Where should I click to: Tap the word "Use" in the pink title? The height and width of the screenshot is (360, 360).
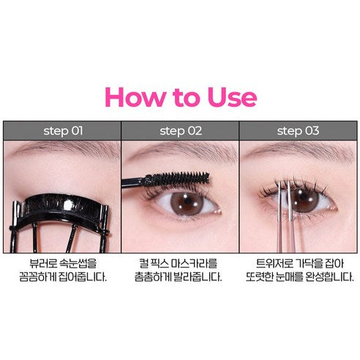click(232, 97)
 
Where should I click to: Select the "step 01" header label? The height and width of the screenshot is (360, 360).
click(63, 131)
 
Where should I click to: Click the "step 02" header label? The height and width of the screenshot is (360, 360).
click(181, 131)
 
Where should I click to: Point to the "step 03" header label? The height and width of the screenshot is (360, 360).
click(298, 131)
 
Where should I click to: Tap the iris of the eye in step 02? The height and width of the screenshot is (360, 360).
click(187, 203)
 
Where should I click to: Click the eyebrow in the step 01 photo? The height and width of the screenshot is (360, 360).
click(66, 148)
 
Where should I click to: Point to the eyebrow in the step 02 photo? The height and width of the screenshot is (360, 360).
click(181, 149)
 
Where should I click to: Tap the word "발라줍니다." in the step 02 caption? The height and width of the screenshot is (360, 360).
click(198, 277)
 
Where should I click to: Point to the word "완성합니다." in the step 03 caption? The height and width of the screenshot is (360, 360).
click(329, 277)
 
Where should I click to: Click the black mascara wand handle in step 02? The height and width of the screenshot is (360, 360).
click(133, 182)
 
